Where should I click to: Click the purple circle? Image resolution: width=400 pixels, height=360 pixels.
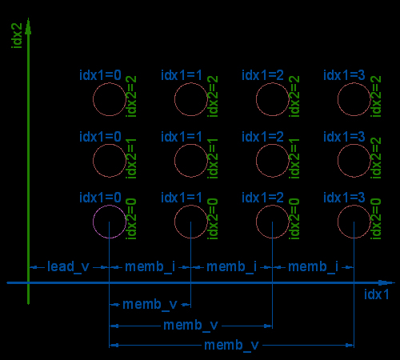pyautogui.click(x=93, y=222)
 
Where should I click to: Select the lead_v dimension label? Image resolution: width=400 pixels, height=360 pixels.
pyautogui.click(x=68, y=266)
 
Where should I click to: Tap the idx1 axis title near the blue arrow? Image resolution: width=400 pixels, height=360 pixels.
pyautogui.click(x=376, y=294)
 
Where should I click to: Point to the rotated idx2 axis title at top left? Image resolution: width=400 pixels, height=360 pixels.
pyautogui.click(x=17, y=36)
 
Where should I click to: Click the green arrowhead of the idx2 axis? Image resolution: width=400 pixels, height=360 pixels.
pyautogui.click(x=28, y=26)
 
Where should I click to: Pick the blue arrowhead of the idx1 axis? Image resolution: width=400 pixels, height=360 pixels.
pyautogui.click(x=386, y=282)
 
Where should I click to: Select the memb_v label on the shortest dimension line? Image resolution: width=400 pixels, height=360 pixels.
pyautogui.click(x=150, y=305)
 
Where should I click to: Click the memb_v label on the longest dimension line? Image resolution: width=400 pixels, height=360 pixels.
pyautogui.click(x=231, y=346)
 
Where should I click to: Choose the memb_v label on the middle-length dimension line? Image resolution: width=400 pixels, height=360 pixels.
pyautogui.click(x=190, y=326)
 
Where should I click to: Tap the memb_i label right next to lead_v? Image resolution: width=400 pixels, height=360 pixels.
pyautogui.click(x=150, y=266)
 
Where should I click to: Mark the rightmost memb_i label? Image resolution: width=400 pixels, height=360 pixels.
pyautogui.click(x=313, y=266)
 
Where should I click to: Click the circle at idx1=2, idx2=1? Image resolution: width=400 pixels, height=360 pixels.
pyautogui.click(x=256, y=161)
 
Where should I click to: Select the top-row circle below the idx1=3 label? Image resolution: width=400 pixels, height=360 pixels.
pyautogui.click(x=338, y=99)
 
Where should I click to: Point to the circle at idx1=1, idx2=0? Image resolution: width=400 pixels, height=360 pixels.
pyautogui.click(x=174, y=222)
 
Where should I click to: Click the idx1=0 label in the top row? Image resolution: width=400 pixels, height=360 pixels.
pyautogui.click(x=100, y=75)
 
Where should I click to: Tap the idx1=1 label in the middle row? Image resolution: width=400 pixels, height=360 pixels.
pyautogui.click(x=182, y=137)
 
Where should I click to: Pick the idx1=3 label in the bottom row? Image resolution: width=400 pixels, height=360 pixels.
pyautogui.click(x=344, y=198)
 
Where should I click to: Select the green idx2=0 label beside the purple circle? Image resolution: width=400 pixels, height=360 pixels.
pyautogui.click(x=131, y=218)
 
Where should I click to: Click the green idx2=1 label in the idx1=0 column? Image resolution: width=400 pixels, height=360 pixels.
pyautogui.click(x=131, y=158)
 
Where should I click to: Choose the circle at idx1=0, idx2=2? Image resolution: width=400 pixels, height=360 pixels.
pyautogui.click(x=93, y=99)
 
